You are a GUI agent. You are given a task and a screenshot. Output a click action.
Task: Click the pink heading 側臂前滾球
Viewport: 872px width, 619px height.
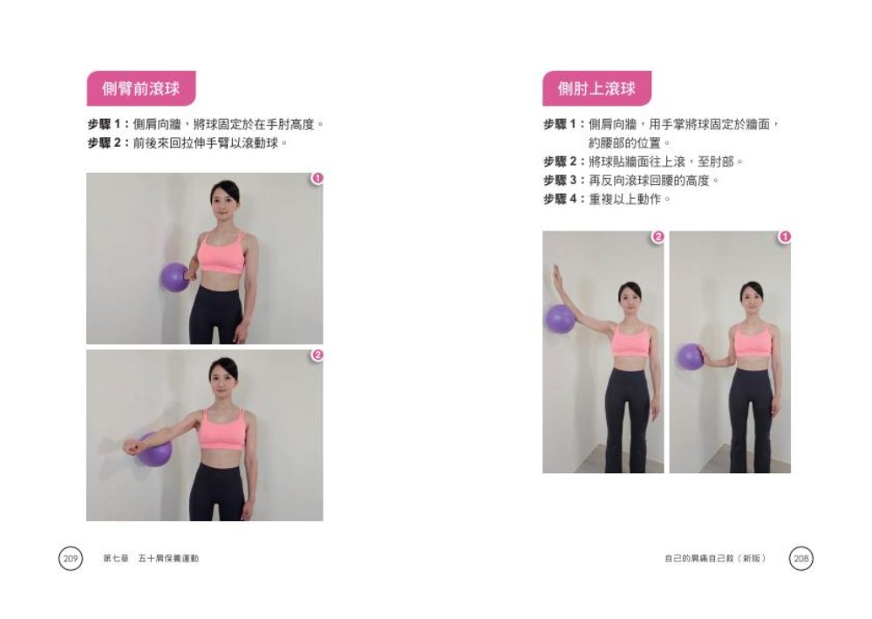pos(140,88)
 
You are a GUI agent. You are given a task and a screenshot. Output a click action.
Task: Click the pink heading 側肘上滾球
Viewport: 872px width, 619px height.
pos(596,88)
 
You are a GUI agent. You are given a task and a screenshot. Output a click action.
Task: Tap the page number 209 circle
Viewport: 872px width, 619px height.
pos(71,558)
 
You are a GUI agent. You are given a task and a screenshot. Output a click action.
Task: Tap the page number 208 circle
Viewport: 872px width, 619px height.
pos(800,558)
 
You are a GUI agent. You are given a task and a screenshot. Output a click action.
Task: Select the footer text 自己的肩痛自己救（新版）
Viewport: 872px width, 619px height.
pos(714,558)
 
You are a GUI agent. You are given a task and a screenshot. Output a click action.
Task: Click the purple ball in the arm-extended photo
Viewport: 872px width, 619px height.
pos(155,450)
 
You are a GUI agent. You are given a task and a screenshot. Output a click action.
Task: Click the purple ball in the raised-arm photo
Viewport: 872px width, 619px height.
pos(560,318)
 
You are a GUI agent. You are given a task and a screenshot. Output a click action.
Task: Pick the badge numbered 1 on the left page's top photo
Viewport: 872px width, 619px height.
pos(317,179)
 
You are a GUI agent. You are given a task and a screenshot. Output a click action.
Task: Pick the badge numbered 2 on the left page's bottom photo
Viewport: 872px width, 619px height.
pos(317,354)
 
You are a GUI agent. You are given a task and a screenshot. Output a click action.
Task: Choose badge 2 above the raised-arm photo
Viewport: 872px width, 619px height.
pos(658,237)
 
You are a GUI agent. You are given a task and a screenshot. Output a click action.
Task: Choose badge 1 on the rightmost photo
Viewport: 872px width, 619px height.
pos(785,237)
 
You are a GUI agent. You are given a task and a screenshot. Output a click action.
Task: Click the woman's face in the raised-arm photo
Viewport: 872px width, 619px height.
pos(630,295)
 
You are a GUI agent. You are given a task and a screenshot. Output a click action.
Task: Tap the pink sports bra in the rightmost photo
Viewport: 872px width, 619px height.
pos(753,340)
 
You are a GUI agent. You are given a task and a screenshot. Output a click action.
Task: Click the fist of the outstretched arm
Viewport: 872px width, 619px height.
pos(131,448)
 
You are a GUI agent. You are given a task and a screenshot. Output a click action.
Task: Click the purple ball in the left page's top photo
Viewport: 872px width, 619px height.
pos(174,277)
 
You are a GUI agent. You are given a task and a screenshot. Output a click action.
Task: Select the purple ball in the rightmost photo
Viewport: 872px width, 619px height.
pos(691,356)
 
